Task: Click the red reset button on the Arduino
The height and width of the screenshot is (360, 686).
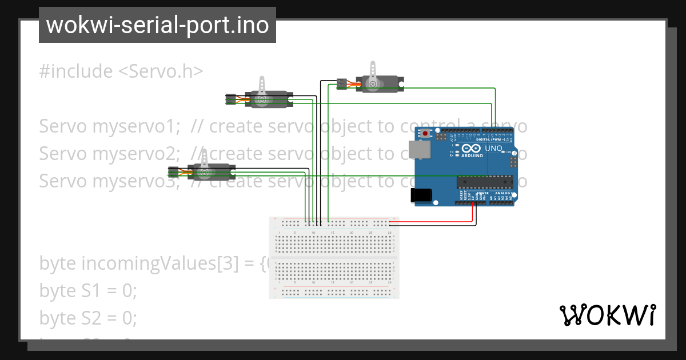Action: [x=426, y=134]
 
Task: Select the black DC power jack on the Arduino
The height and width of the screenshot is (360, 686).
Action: [x=421, y=195]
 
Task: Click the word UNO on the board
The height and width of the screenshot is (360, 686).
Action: [x=493, y=149]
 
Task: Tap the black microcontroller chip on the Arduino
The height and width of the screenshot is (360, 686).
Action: [x=483, y=182]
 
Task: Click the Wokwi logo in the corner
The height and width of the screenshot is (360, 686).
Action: [x=607, y=315]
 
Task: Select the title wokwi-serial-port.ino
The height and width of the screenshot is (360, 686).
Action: [x=157, y=25]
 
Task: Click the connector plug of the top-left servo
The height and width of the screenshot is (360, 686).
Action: [x=231, y=99]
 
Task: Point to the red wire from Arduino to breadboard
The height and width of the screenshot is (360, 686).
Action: [x=473, y=213]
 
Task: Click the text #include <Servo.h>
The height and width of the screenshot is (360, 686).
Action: [x=121, y=71]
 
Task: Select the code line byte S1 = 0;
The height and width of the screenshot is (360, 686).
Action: [x=88, y=291]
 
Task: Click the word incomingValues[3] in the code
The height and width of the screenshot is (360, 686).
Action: [x=157, y=263]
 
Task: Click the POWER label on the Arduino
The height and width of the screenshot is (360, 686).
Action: [x=466, y=193]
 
